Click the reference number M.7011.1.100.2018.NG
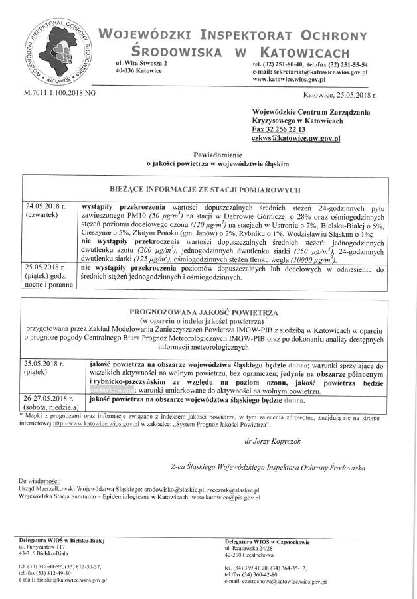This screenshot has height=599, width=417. tap(58, 94)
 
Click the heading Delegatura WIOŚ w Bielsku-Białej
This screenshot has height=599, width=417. tap(62, 541)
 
